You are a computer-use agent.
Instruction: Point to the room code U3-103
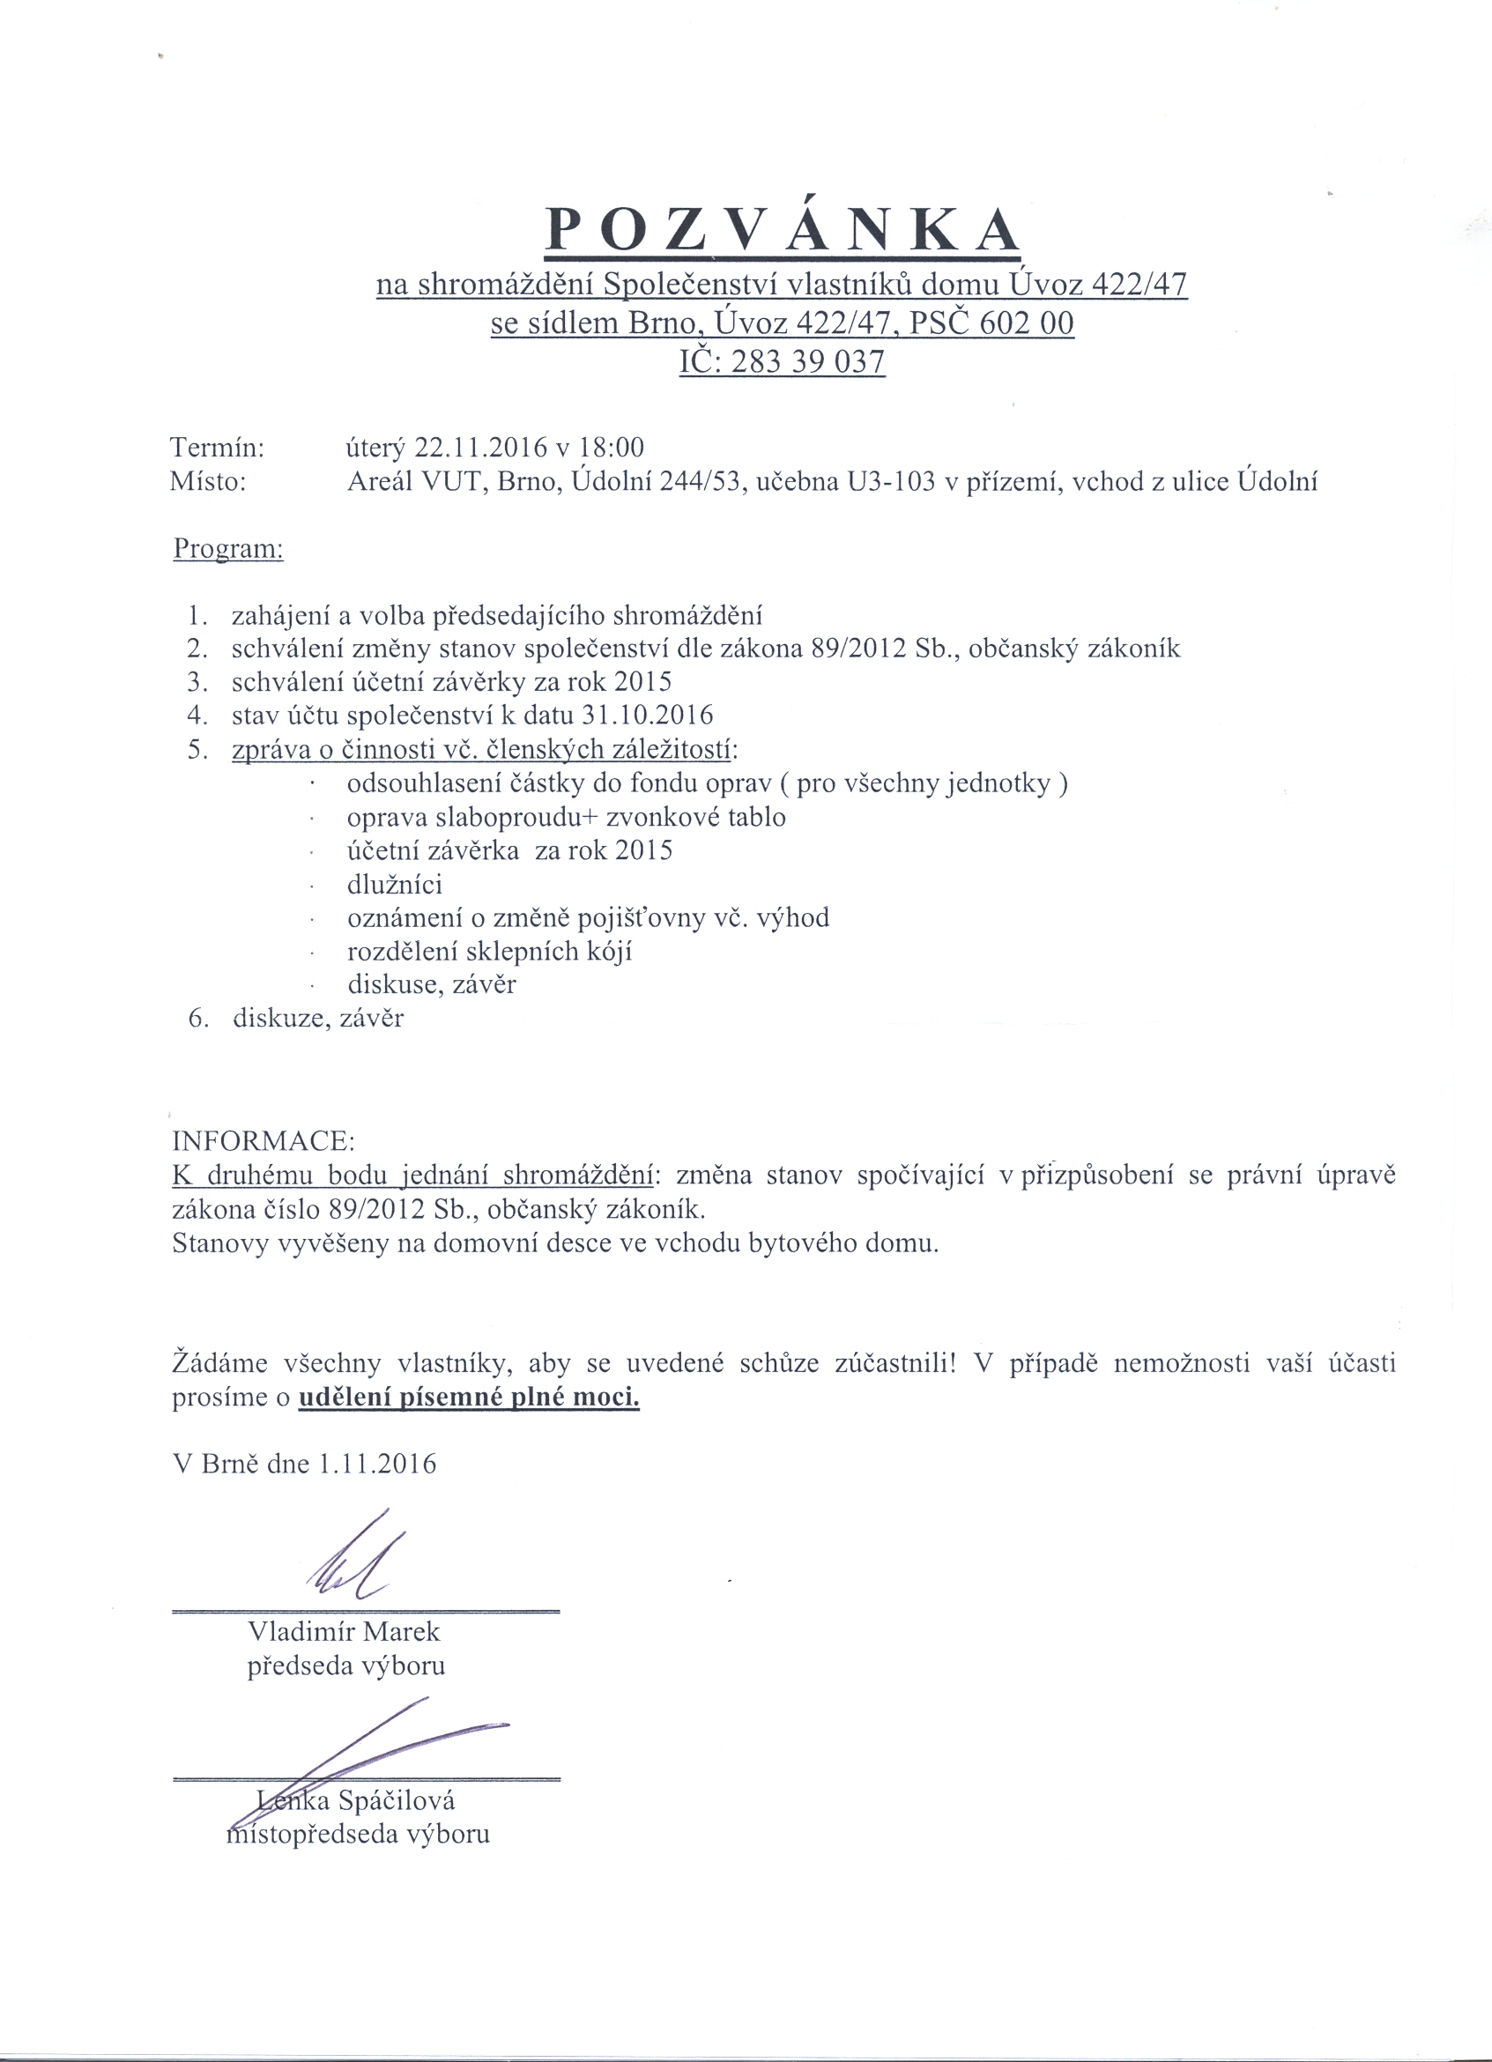[x=891, y=481]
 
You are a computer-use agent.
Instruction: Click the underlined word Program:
[x=228, y=549]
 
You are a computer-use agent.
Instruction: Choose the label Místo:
[x=208, y=481]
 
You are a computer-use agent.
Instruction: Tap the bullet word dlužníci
[x=395, y=884]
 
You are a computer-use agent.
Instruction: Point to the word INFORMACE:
[x=264, y=1140]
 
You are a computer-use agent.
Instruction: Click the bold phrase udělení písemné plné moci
[x=469, y=1397]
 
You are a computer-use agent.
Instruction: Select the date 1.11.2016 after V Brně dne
[x=376, y=1463]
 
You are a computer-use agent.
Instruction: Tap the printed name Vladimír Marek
[x=344, y=1631]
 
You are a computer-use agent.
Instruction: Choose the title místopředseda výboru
[x=357, y=1834]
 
